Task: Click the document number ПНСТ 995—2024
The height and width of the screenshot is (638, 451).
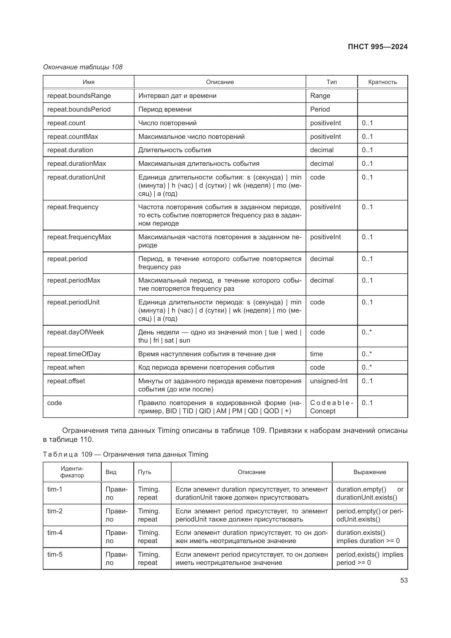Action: (x=377, y=47)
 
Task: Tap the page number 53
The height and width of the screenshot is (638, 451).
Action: (x=404, y=580)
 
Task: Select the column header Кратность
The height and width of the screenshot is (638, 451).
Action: (x=382, y=82)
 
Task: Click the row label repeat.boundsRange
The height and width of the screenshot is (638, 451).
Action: (x=79, y=95)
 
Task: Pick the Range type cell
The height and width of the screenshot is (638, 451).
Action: (x=320, y=95)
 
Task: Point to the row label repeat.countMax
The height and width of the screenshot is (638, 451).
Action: (x=73, y=136)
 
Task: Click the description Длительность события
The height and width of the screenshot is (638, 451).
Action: (x=175, y=150)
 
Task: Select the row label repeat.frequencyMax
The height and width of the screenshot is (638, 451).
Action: (x=79, y=237)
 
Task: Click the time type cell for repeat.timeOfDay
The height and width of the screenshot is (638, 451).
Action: (x=316, y=354)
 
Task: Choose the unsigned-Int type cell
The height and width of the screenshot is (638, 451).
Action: (x=329, y=381)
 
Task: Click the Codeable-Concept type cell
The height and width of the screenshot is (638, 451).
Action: (x=331, y=407)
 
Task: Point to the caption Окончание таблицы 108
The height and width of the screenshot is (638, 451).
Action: (x=83, y=67)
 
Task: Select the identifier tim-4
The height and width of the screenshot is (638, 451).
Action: (x=55, y=533)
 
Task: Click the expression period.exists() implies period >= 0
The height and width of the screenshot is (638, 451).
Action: (x=369, y=559)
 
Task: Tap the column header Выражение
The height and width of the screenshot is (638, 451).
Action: (x=369, y=472)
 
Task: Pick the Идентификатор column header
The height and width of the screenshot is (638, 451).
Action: (x=72, y=472)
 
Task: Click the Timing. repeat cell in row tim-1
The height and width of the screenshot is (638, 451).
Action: (x=149, y=493)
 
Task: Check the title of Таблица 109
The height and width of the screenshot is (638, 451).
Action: (x=125, y=454)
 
